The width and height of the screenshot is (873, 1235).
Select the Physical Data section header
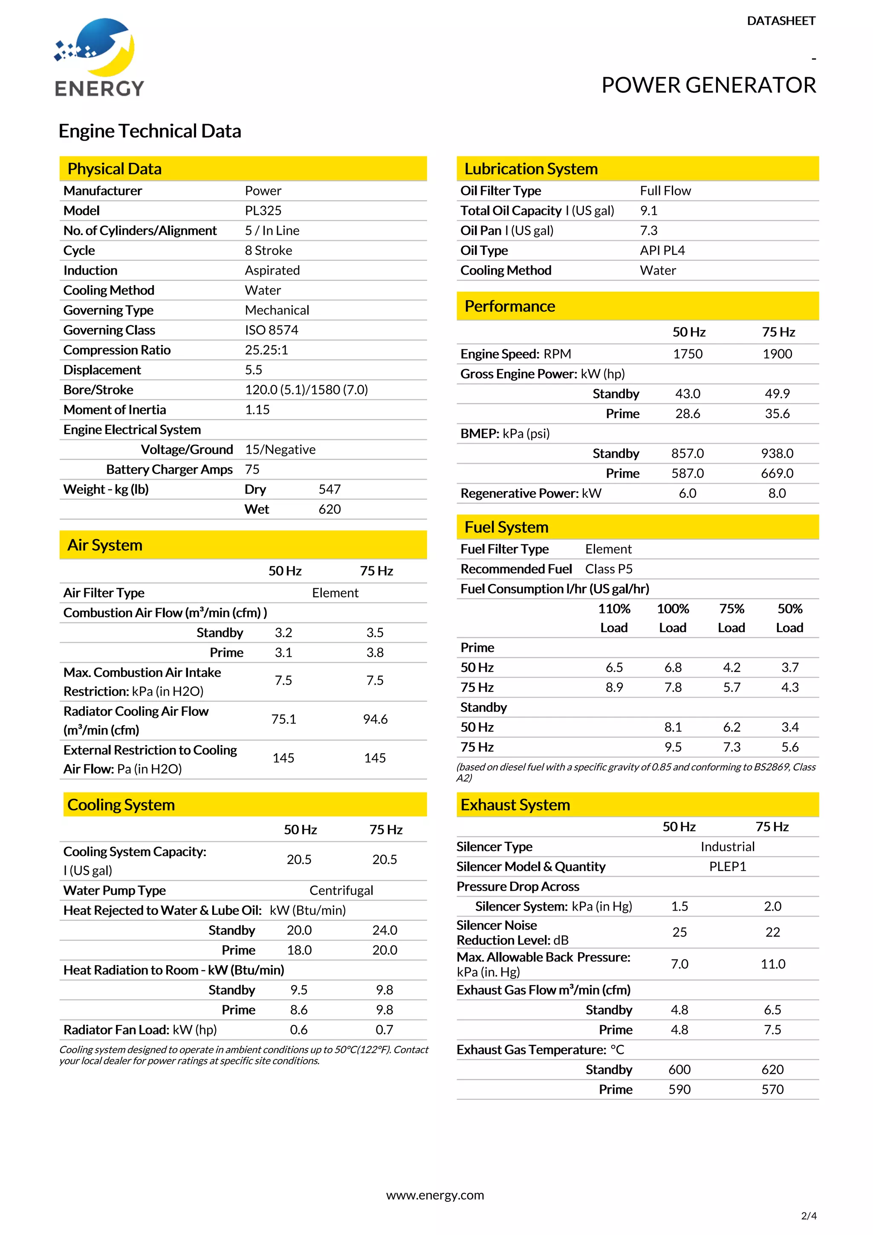[115, 169]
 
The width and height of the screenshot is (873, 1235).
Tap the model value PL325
[263, 211]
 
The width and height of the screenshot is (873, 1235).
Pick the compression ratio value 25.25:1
[266, 350]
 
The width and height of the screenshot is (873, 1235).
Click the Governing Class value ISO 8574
[271, 330]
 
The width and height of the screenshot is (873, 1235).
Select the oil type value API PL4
[662, 251]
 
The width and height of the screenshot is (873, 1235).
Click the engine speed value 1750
[688, 354]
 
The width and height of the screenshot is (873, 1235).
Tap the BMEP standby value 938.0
[777, 454]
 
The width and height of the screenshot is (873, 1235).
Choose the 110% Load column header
[614, 618]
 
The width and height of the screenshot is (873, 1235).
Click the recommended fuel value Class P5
[608, 569]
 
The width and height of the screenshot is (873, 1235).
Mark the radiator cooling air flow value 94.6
[375, 720]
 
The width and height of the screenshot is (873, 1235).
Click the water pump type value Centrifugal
[341, 891]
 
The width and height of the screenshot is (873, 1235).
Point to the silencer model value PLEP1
[727, 867]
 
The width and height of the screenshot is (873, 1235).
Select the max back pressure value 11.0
[772, 964]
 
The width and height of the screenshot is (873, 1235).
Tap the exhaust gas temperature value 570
[772, 1089]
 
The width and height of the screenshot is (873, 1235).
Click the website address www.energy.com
[435, 1195]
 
